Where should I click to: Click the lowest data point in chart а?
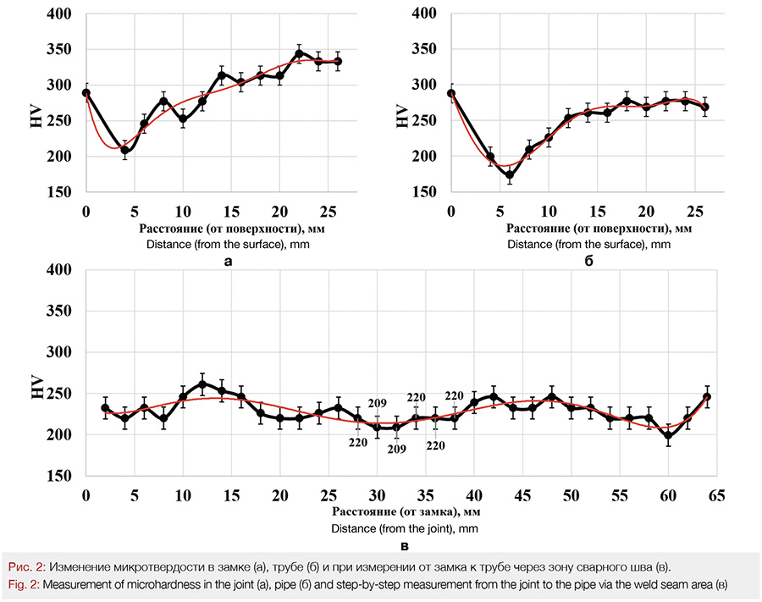click(124, 151)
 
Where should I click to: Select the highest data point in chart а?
click(299, 53)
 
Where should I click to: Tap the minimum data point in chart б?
click(510, 175)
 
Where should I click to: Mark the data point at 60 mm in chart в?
click(669, 436)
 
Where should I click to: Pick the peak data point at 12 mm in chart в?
click(202, 384)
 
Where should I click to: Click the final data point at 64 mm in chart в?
click(707, 396)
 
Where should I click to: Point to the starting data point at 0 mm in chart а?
click(86, 93)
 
